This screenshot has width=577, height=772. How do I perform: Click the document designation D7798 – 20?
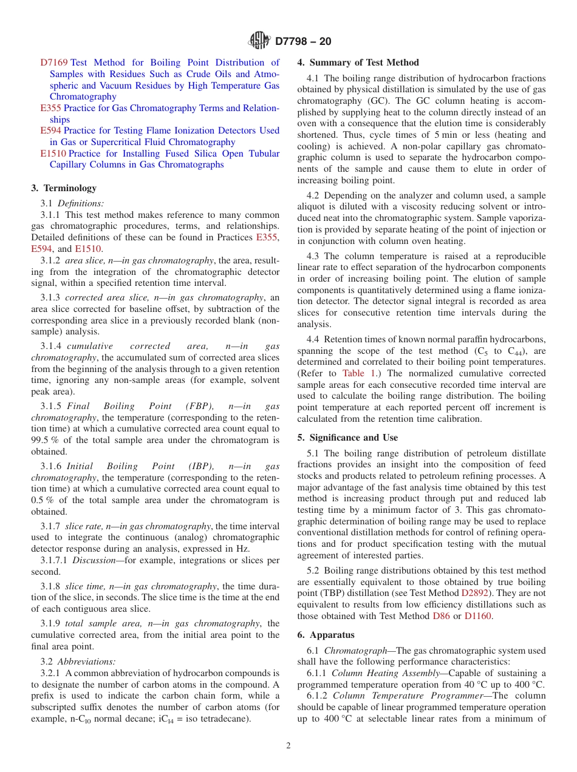click(x=303, y=42)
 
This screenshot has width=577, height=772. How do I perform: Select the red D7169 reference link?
click(x=54, y=63)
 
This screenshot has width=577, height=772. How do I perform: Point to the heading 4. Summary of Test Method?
click(x=358, y=63)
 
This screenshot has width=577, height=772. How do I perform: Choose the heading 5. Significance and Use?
click(x=347, y=438)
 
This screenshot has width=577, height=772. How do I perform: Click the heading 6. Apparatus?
click(x=326, y=635)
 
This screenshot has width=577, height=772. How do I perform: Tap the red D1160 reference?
click(x=477, y=616)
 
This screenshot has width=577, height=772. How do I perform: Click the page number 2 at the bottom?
click(x=288, y=746)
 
